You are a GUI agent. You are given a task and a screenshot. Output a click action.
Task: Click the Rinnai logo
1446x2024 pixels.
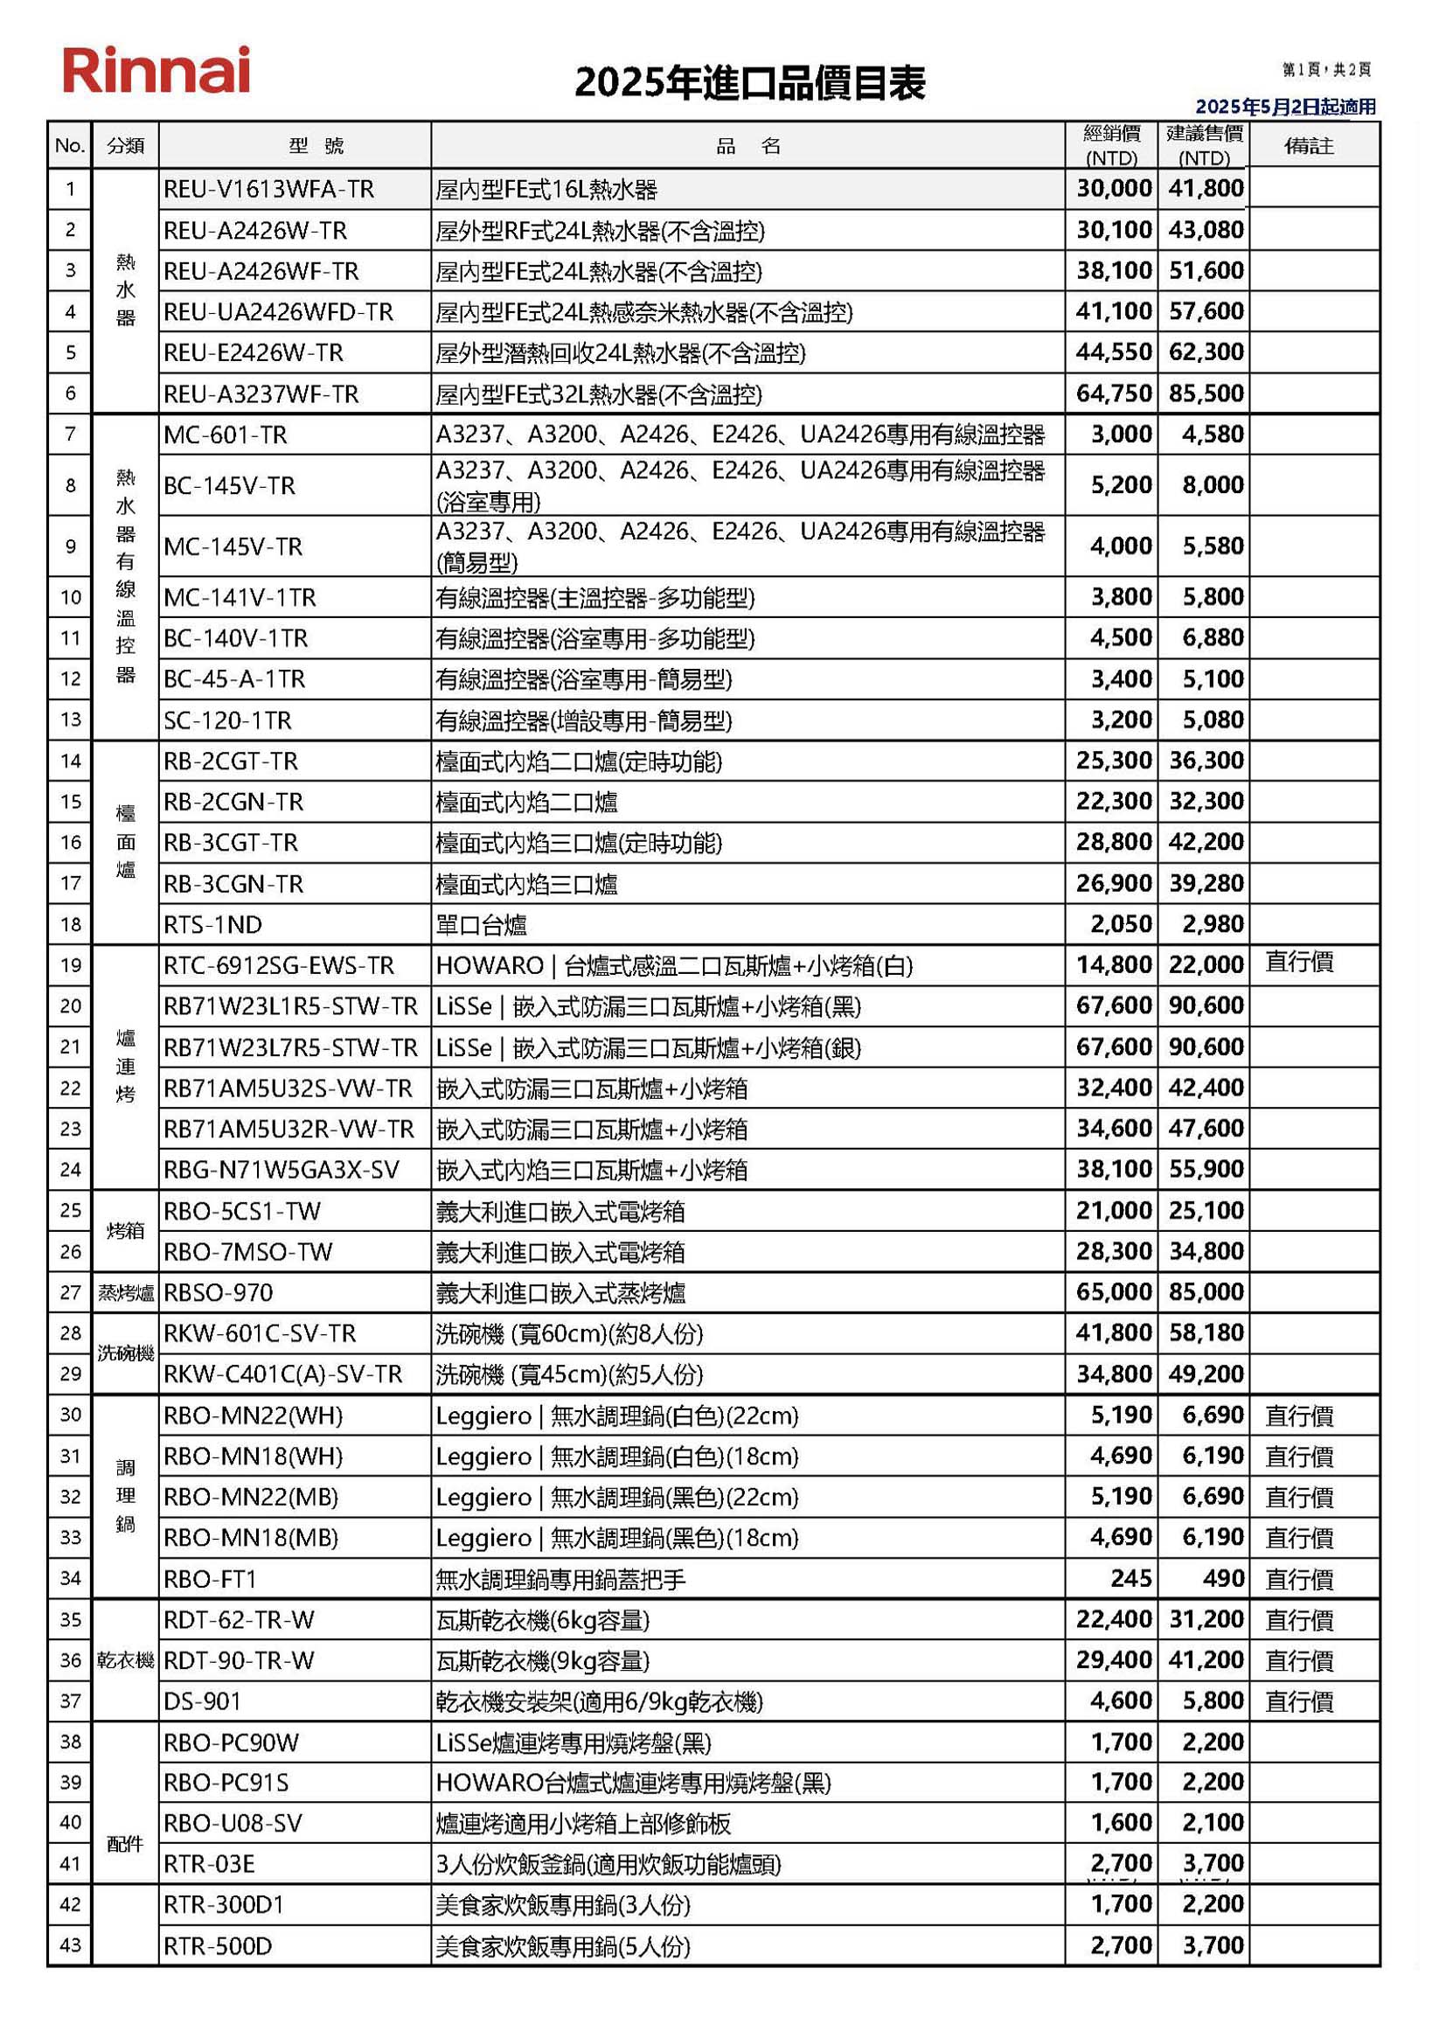156,70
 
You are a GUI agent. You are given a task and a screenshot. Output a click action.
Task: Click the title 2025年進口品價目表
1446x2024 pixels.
750,83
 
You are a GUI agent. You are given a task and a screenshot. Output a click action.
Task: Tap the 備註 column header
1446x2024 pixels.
1309,145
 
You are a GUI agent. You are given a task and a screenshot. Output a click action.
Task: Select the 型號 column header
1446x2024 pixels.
316,146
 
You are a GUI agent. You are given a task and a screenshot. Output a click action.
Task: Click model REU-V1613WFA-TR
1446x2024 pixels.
269,190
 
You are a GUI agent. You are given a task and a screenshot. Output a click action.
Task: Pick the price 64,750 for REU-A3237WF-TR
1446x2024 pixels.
1113,393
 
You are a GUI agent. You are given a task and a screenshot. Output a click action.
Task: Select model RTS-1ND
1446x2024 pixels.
212,925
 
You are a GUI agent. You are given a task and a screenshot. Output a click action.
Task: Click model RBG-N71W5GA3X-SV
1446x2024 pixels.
282,1170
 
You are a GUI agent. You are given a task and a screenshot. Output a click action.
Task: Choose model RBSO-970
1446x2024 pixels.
219,1293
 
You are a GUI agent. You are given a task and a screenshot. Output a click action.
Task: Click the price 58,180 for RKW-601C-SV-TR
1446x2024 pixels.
1206,1333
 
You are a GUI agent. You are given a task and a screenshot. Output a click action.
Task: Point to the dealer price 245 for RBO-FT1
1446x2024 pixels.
1130,1579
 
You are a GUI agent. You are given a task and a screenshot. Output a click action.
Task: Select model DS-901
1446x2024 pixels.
202,1701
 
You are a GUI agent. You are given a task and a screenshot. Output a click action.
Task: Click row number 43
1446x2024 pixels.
70,1945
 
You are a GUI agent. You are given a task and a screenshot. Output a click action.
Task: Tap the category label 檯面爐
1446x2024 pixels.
126,841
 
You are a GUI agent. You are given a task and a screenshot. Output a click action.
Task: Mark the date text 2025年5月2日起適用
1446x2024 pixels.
1285,107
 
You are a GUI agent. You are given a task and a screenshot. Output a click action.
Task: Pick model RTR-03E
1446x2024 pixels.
209,1864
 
